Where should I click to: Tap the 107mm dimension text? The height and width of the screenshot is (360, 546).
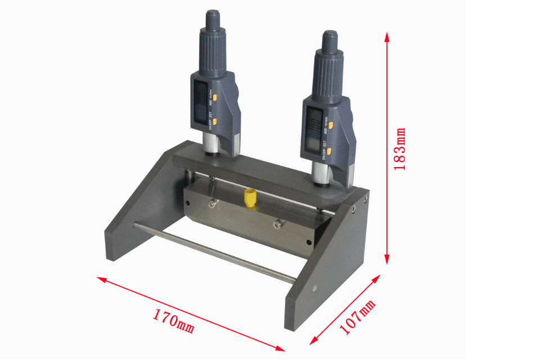pos(357,318)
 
